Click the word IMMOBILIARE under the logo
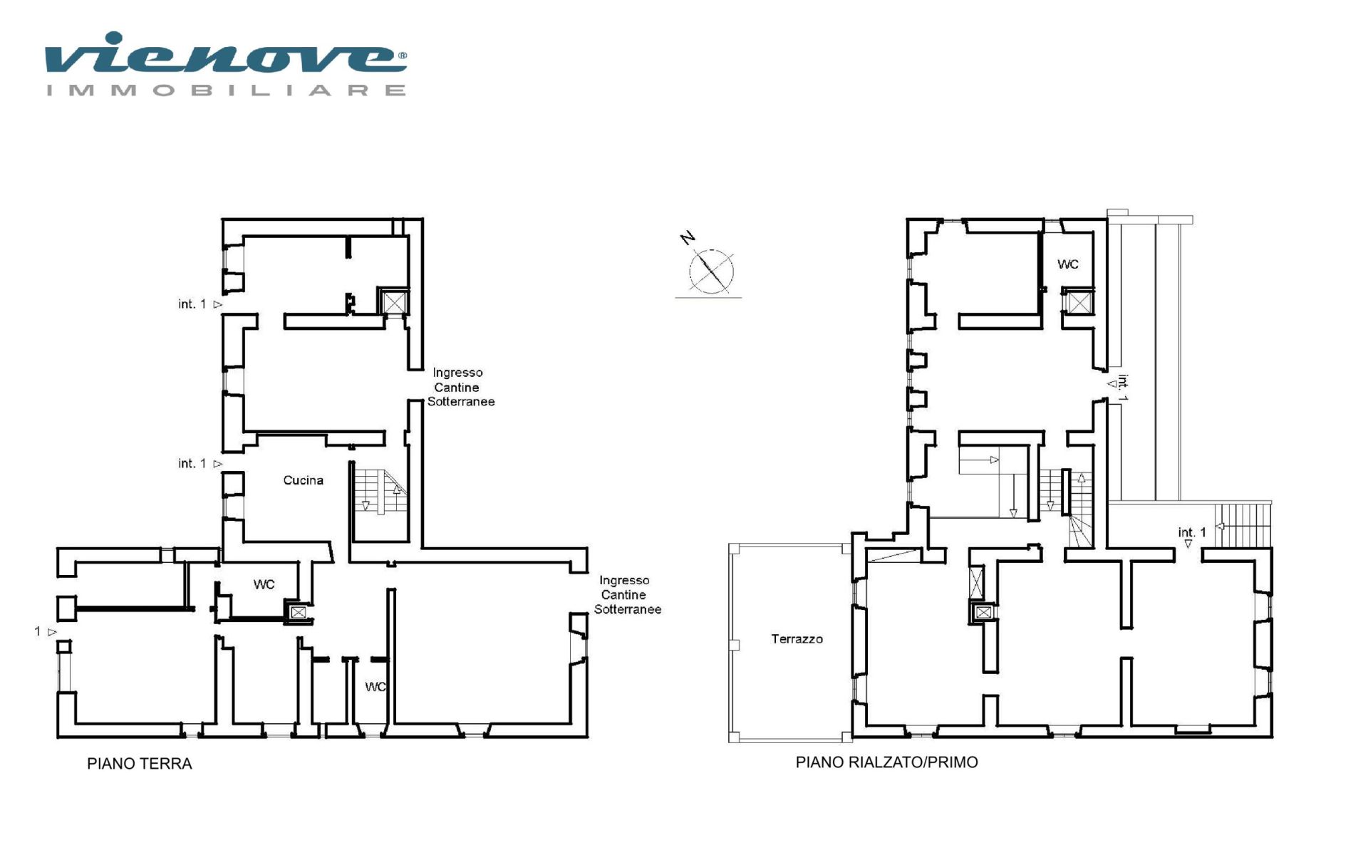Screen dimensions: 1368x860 (x=227, y=90)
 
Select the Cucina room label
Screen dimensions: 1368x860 (x=303, y=480)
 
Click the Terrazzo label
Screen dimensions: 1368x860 (x=797, y=639)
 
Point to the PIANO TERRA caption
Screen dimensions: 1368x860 (x=140, y=764)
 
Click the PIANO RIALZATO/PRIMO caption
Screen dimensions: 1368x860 (x=886, y=762)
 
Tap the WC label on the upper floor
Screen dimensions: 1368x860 (x=1067, y=264)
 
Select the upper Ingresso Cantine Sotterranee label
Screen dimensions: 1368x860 (x=460, y=387)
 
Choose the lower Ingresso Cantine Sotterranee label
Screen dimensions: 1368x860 (x=627, y=595)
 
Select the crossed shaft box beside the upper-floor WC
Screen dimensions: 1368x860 (x=1079, y=303)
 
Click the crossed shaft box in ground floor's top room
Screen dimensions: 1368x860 (x=393, y=302)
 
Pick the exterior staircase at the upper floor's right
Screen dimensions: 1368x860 (x=1243, y=525)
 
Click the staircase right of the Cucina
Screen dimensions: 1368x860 (x=380, y=492)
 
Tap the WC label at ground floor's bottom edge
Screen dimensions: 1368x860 (x=375, y=687)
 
